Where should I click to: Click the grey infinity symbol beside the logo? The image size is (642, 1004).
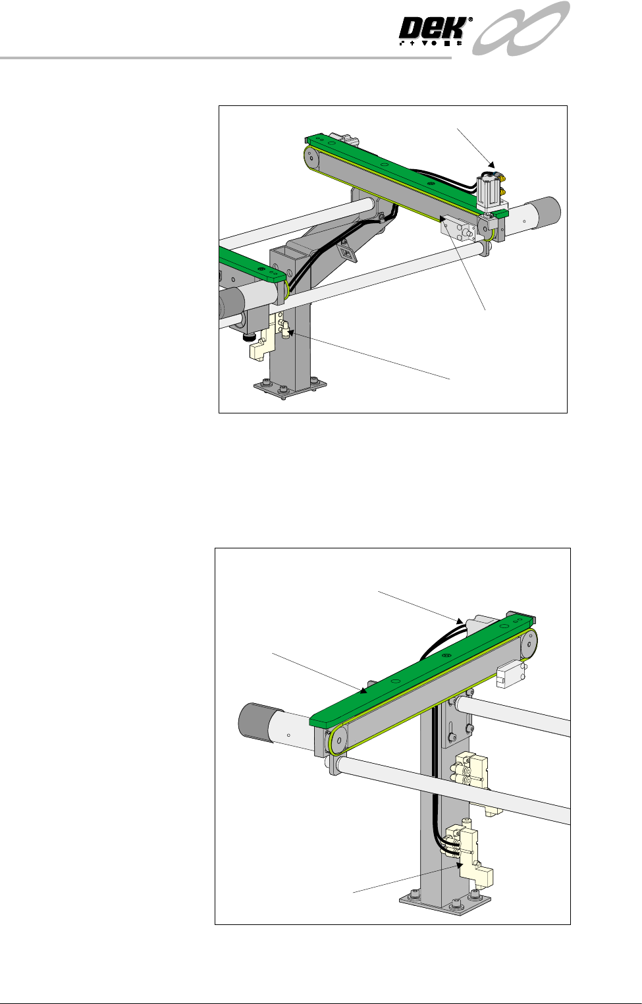point(521,28)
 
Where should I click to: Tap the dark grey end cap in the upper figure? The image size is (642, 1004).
point(547,210)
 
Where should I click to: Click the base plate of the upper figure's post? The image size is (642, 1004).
point(290,388)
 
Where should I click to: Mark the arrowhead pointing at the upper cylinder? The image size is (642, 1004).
point(492,164)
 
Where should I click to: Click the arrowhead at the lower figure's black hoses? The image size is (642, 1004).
point(460,621)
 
